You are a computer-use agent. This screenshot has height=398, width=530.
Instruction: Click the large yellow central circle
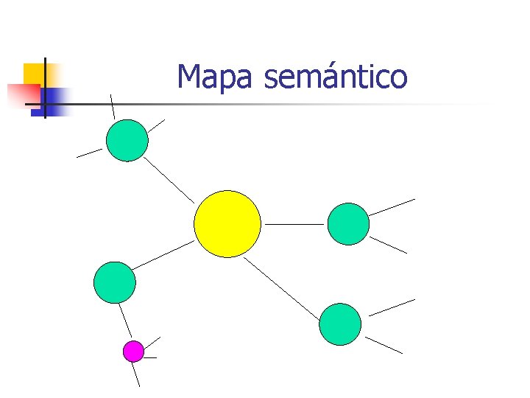coord(227,223)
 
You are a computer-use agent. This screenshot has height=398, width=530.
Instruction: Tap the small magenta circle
coord(133,352)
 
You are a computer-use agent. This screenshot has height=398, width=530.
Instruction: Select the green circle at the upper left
coord(127,140)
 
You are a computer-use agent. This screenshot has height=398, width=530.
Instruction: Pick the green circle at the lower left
coord(115,282)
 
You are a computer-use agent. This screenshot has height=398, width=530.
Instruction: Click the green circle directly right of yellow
coord(347,223)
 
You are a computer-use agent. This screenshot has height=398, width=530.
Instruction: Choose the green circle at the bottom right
coord(340,324)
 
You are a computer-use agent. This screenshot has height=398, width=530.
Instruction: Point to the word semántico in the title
coord(335,77)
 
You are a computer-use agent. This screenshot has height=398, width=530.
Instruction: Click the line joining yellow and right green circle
coord(294,223)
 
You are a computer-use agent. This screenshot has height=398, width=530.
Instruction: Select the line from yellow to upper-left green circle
coord(169,179)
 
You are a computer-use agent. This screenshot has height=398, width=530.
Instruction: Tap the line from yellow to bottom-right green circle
coord(282,288)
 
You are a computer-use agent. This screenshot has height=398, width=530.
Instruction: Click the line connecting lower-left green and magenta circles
coord(125,321)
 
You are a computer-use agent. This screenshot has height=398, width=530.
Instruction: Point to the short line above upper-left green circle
coord(113,106)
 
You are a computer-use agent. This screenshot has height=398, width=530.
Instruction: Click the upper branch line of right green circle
coord(392,207)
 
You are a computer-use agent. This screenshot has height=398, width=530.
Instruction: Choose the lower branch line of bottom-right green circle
coord(384,345)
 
